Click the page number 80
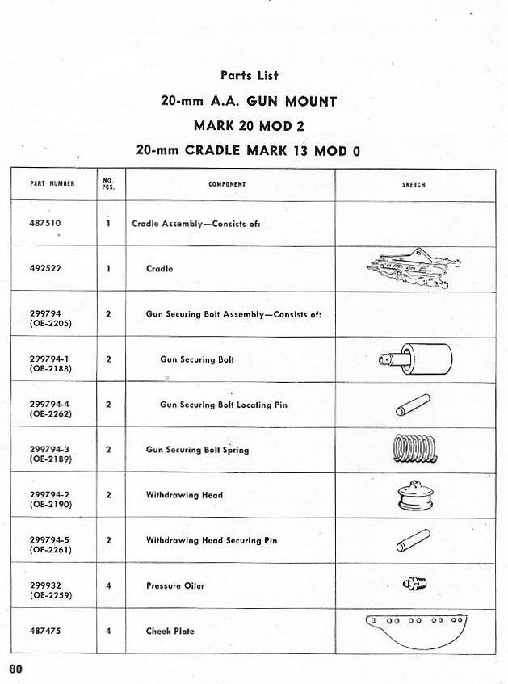pyautogui.click(x=15, y=669)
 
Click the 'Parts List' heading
pyautogui.click(x=249, y=75)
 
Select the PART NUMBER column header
pyautogui.click(x=52, y=184)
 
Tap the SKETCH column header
pyautogui.click(x=414, y=185)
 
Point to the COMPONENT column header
pyautogui.click(x=227, y=184)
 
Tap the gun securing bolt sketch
pyautogui.click(x=415, y=359)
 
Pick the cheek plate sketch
pyautogui.click(x=414, y=629)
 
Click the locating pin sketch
pyautogui.click(x=413, y=404)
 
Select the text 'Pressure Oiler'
pyautogui.click(x=174, y=585)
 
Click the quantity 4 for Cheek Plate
pyautogui.click(x=108, y=631)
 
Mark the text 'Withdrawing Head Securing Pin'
pyautogui.click(x=211, y=540)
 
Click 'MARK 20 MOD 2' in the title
pyautogui.click(x=248, y=126)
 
